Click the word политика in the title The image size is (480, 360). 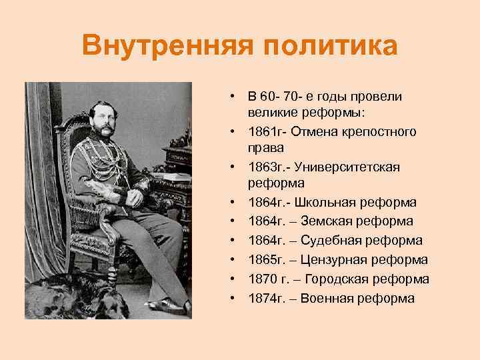(329, 47)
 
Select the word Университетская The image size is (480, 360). (356, 167)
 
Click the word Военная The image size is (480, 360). (329, 298)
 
